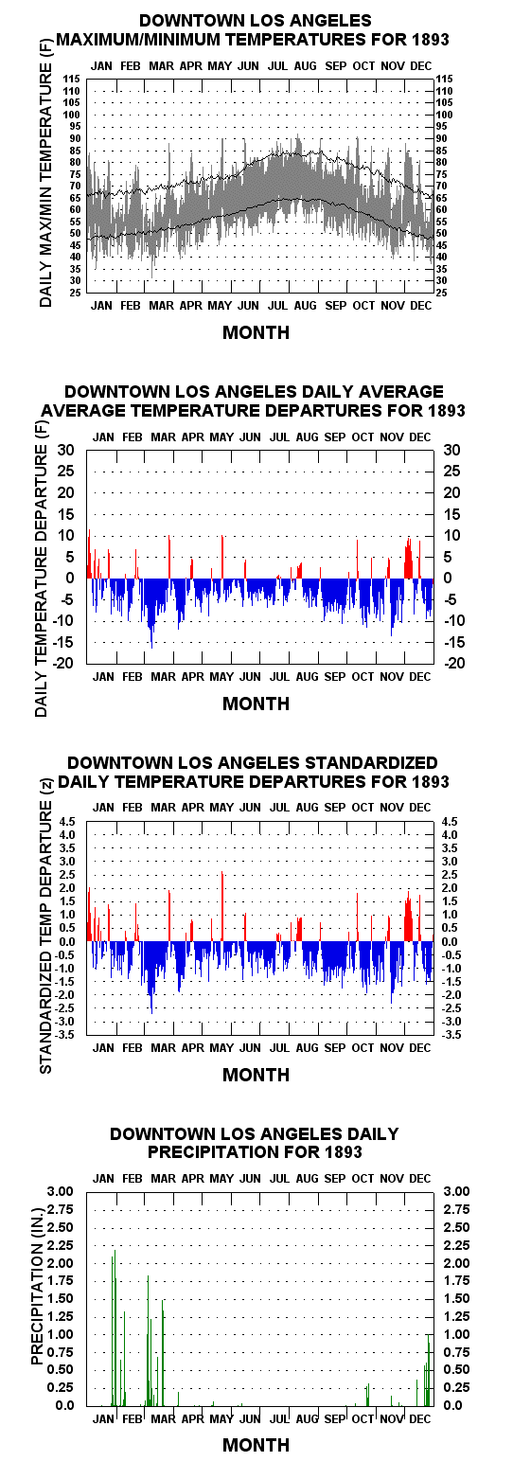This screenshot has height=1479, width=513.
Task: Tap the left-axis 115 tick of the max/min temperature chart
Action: pos(71,80)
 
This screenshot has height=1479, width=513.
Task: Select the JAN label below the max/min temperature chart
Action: pos(101,306)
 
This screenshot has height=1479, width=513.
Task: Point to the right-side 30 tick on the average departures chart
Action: pos(451,451)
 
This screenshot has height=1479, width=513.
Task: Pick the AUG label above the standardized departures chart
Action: pos(307,808)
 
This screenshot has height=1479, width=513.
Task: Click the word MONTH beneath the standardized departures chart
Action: pos(256,1076)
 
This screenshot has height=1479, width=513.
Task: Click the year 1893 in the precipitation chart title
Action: pos(344,1152)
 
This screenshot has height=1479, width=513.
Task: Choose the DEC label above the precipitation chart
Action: pos(420,1179)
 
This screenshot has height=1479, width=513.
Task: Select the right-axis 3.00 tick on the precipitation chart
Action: pos(457,1192)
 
